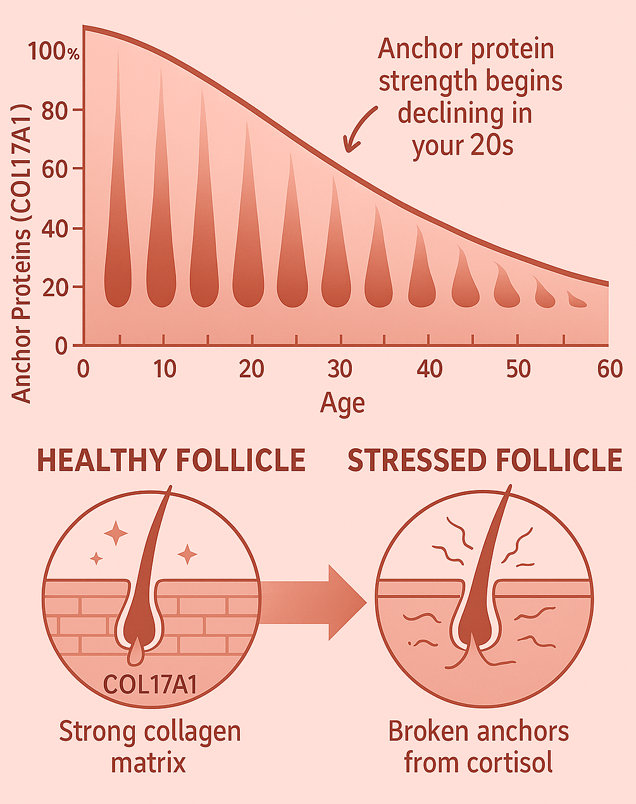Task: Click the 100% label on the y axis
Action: tap(53, 52)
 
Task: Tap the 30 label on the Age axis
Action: tap(340, 368)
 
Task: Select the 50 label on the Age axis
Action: tap(518, 368)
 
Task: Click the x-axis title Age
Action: tap(342, 403)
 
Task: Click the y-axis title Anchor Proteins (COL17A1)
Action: tap(22, 253)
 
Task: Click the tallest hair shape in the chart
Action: tap(118, 190)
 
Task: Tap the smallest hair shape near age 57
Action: tap(577, 300)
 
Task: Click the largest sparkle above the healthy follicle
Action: tap(116, 533)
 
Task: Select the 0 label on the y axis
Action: tap(61, 346)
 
